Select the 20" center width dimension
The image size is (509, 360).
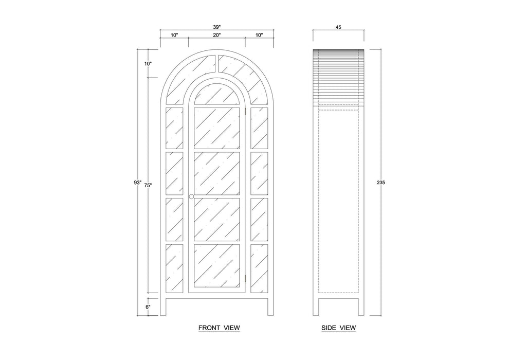[216, 35]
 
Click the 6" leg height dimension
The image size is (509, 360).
[148, 307]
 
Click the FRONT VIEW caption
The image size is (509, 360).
[219, 328]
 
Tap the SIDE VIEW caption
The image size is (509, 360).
[339, 328]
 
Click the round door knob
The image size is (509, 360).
[191, 197]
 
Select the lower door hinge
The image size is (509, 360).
[246, 278]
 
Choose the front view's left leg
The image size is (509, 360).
[163, 307]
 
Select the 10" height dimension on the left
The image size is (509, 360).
[148, 64]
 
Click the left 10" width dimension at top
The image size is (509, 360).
[174, 35]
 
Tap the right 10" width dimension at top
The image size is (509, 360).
[259, 35]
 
